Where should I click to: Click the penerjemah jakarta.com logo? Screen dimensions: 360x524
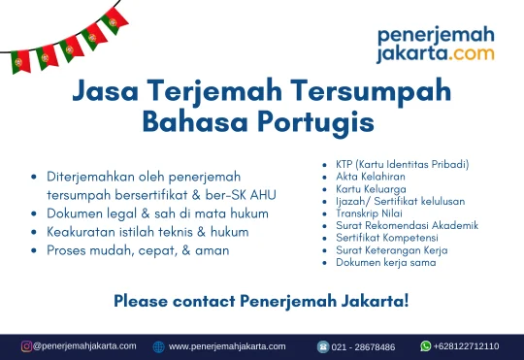pyautogui.click(x=435, y=45)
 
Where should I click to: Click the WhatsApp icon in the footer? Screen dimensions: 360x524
pyautogui.click(x=425, y=345)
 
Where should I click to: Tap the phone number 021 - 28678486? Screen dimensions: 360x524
pyautogui.click(x=364, y=346)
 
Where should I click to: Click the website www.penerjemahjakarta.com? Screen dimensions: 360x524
pyautogui.click(x=227, y=346)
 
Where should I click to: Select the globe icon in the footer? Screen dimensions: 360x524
pyautogui.click(x=159, y=346)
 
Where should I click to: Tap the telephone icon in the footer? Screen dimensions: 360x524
pyautogui.click(x=323, y=346)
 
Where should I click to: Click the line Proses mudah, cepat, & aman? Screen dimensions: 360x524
pyautogui.click(x=138, y=250)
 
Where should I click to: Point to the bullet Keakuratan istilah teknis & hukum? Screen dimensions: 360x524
pyautogui.click(x=147, y=232)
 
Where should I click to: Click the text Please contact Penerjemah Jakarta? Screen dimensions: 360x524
pyautogui.click(x=261, y=301)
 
